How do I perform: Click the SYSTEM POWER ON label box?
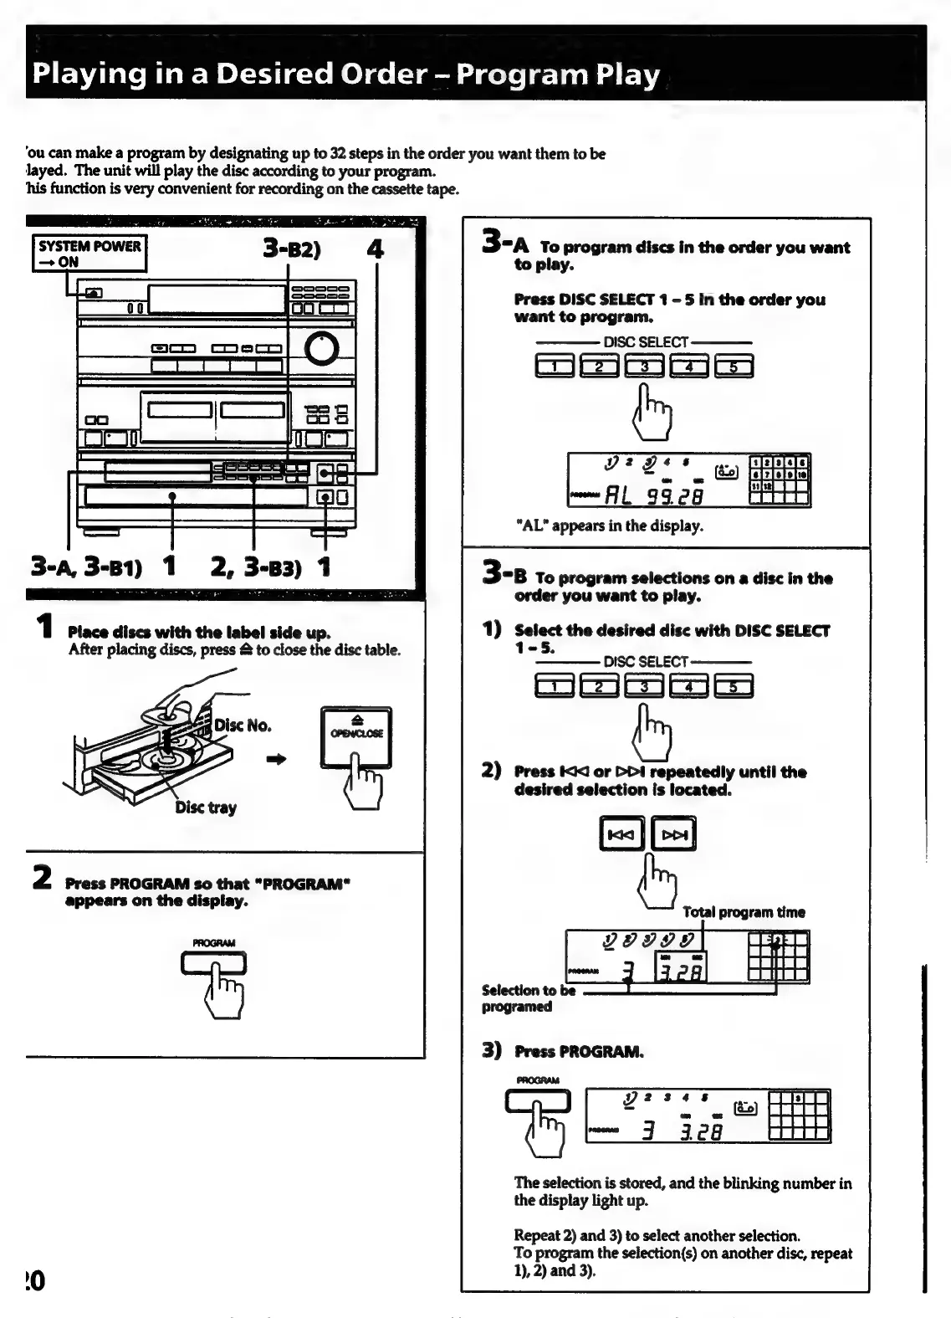(x=89, y=254)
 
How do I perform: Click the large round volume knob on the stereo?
(x=322, y=349)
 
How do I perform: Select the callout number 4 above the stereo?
(x=376, y=249)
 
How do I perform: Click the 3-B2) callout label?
(x=292, y=249)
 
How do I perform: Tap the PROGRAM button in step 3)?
(x=538, y=1102)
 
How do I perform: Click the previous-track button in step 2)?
(x=621, y=833)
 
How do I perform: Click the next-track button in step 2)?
(x=673, y=833)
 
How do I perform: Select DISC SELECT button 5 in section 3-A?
(x=734, y=367)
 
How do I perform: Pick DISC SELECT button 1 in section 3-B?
(x=555, y=687)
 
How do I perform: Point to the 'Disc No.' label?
(x=243, y=725)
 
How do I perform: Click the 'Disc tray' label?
(x=206, y=808)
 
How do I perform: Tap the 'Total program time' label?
(x=744, y=912)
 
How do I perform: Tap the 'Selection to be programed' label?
(x=528, y=998)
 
